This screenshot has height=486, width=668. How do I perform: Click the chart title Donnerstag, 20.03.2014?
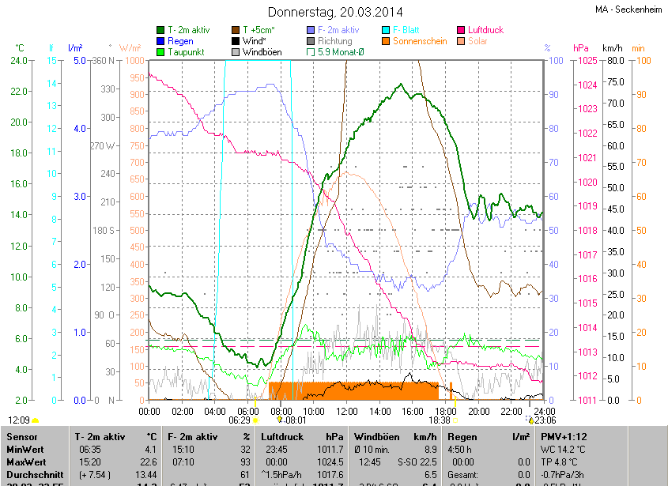[334, 12]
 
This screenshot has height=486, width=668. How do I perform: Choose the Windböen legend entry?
[261, 52]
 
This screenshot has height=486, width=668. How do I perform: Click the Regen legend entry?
[180, 41]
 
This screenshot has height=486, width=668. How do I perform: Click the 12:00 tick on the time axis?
[347, 411]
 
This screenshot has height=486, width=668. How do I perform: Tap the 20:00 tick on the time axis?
[479, 411]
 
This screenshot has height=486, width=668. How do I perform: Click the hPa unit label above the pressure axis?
[581, 48]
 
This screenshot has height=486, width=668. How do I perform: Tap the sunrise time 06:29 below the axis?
[240, 420]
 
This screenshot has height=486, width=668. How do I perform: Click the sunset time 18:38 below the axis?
[440, 420]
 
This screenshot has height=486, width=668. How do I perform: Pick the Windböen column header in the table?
[378, 436]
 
